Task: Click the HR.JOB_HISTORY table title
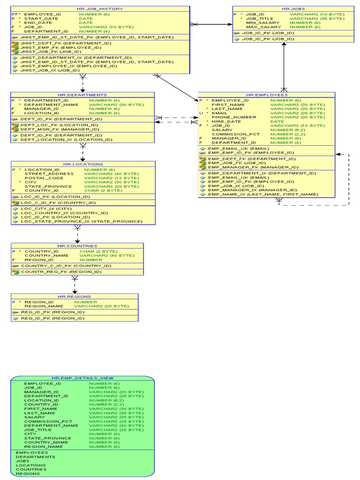point(100,9)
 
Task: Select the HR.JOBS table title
point(293,9)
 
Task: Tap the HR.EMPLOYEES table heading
point(267,95)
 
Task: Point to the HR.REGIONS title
point(75,297)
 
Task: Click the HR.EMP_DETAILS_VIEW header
point(82,378)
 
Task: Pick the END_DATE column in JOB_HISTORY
point(38,22)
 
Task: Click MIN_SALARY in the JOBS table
point(262,22)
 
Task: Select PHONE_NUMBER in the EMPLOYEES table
point(234,117)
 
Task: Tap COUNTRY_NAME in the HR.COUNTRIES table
point(46,255)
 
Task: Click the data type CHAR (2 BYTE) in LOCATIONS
point(103,190)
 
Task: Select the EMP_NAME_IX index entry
point(263,195)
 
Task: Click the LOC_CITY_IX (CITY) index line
point(46,209)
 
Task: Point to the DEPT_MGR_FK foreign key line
point(60,129)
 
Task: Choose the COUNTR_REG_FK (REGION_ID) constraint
point(61,272)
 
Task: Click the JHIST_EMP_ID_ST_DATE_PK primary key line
point(97,37)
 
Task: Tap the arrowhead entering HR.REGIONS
point(75,292)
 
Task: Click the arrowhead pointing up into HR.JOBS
point(284,45)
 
